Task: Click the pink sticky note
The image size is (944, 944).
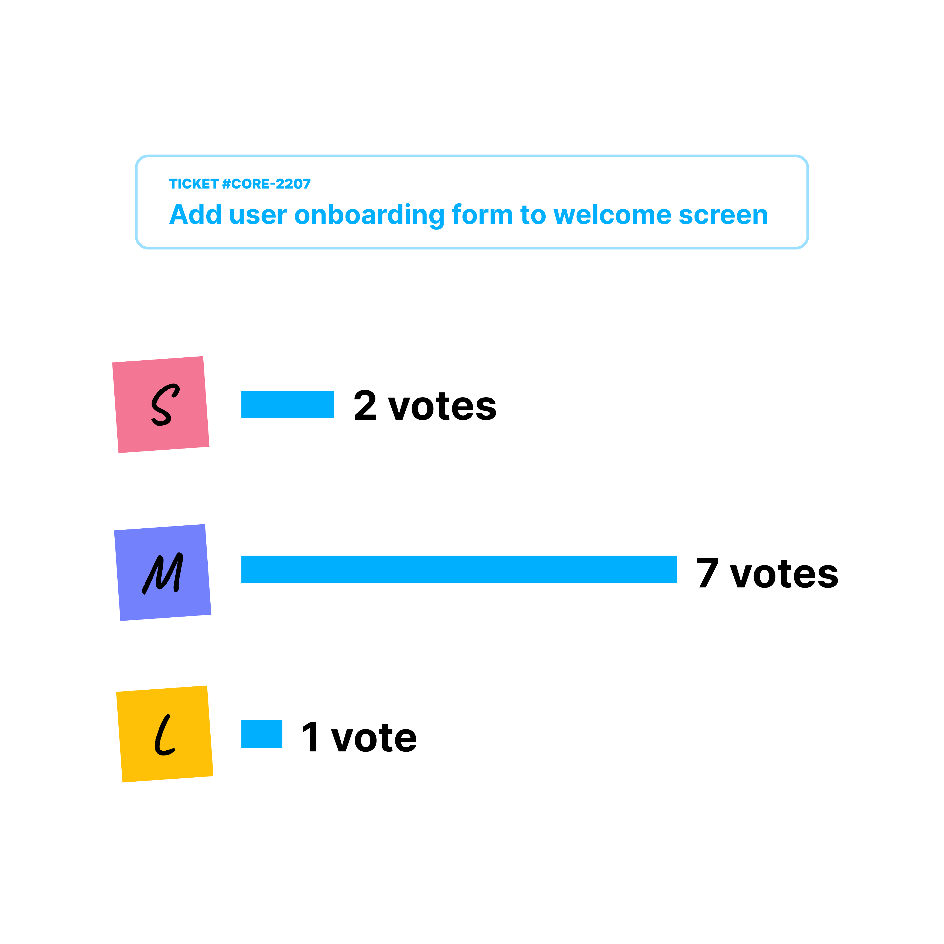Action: pyautogui.click(x=161, y=405)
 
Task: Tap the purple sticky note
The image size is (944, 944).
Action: pyautogui.click(x=163, y=572)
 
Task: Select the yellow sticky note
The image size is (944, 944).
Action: pyautogui.click(x=165, y=734)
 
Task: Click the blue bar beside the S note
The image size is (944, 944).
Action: pyautogui.click(x=287, y=405)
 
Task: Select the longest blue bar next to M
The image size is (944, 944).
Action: pyautogui.click(x=459, y=569)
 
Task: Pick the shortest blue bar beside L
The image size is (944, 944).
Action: pyautogui.click(x=262, y=734)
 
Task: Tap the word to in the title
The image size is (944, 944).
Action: pyautogui.click(x=533, y=215)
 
